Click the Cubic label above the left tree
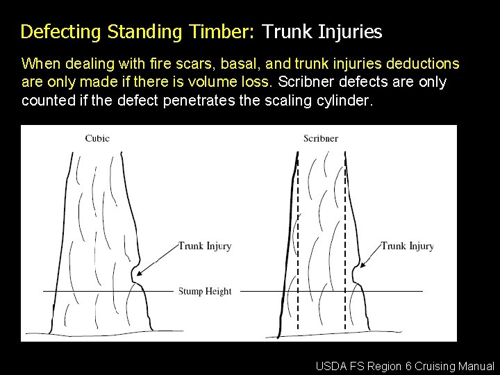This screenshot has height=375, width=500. [x=97, y=138]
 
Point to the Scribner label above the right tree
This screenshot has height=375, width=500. [x=321, y=138]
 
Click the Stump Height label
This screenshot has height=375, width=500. [x=205, y=291]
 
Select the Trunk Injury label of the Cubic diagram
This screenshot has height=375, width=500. [x=205, y=246]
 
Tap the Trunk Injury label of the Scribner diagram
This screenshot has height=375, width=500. [x=408, y=246]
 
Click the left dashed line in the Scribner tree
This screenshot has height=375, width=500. [x=298, y=243]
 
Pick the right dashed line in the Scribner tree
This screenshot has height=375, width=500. [x=345, y=243]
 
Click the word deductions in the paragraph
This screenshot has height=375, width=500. [x=422, y=65]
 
